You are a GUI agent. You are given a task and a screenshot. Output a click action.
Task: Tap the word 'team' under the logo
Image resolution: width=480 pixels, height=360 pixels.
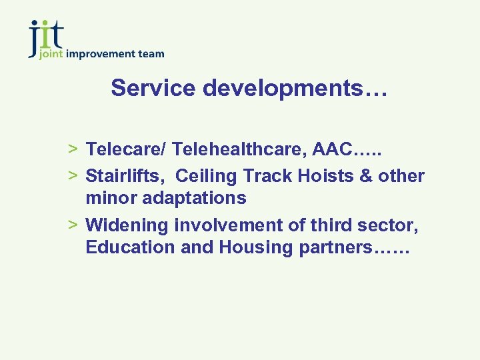pos(152,54)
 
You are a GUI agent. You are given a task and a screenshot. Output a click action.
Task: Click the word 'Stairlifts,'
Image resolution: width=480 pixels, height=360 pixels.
pos(126,176)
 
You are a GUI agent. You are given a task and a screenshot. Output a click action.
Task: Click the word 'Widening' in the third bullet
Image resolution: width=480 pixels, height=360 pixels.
pos(127,225)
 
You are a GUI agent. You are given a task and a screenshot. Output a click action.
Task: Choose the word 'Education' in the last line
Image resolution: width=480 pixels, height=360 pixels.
pos(127,247)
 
